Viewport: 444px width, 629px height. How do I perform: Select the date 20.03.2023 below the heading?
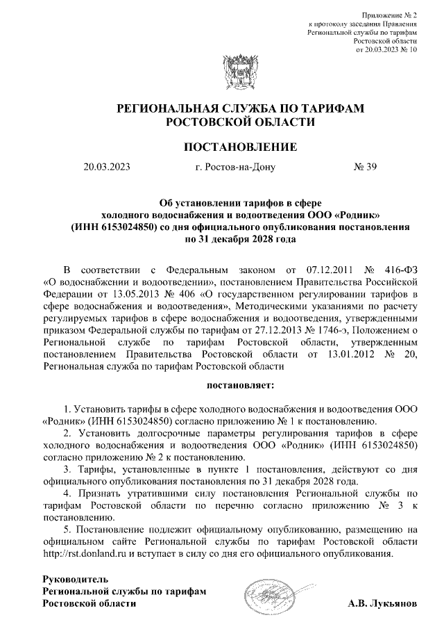pyautogui.click(x=107, y=168)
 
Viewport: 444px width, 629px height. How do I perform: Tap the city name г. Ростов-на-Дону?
pyautogui.click(x=236, y=168)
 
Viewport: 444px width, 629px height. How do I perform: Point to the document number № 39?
pyautogui.click(x=365, y=168)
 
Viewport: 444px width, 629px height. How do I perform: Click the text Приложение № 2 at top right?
pyautogui.click(x=391, y=15)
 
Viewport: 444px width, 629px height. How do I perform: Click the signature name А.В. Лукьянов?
pyautogui.click(x=383, y=604)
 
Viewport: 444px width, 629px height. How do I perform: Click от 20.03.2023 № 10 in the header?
pyautogui.click(x=386, y=50)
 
